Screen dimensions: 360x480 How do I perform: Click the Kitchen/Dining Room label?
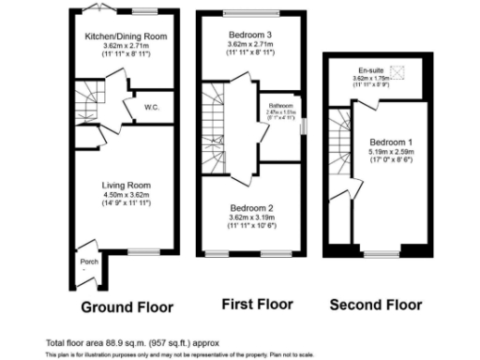pos(126,36)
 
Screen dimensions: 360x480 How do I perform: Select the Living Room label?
pos(126,185)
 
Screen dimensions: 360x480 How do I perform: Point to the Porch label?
pos(90,261)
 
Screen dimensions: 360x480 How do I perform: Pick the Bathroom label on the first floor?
pos(281,105)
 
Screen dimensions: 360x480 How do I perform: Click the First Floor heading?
pos(257,304)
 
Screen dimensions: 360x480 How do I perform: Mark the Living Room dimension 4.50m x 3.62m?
pos(126,194)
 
